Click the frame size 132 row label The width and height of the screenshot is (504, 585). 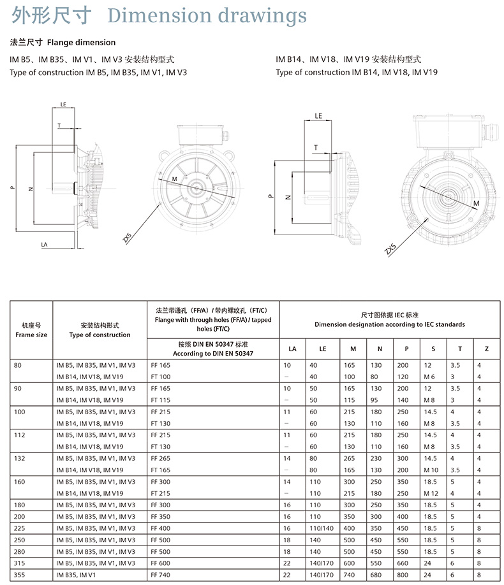point(19,459)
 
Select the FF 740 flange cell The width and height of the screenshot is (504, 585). point(160,575)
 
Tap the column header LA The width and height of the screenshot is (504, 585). point(293,349)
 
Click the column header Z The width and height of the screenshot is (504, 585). point(486,349)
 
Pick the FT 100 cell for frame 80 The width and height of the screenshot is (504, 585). point(161,377)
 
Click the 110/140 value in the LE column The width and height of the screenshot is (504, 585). point(322,528)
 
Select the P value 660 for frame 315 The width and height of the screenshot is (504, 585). point(403,563)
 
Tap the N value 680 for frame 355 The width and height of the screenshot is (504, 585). point(376,575)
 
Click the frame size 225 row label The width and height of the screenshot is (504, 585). point(19,528)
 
